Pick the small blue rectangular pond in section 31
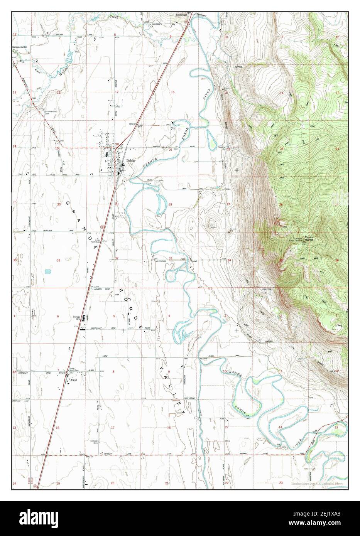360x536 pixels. (47, 272)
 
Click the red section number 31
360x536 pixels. (59, 260)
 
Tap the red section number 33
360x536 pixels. (170, 258)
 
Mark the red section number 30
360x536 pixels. (59, 204)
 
